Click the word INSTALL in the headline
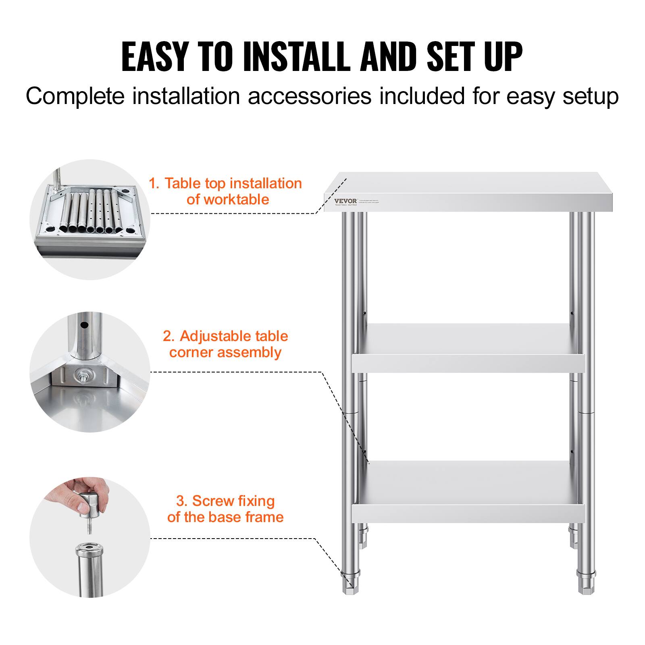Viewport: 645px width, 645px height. (297, 57)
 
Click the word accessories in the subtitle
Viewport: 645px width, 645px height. (309, 96)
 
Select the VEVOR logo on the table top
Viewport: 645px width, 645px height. (345, 201)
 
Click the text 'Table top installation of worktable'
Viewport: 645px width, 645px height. (226, 191)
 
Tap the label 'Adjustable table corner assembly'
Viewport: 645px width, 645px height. (225, 344)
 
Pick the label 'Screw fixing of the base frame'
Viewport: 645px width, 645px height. (225, 509)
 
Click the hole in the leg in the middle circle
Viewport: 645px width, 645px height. (84, 325)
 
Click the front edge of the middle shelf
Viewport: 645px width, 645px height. (468, 364)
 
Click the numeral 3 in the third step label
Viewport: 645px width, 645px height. (181, 501)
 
